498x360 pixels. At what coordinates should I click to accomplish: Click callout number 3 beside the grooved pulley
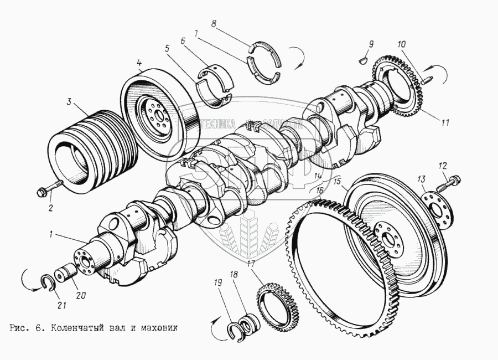69,101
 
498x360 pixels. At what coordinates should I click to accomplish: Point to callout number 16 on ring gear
319,190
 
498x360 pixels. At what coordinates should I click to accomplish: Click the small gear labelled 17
278,301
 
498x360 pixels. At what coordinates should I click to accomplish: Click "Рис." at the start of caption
19,327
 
